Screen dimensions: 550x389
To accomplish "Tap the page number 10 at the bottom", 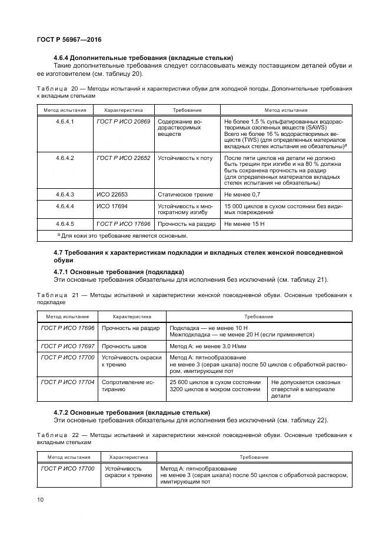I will pos(40,500).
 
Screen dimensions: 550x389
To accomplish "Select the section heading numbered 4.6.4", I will pos(143,58).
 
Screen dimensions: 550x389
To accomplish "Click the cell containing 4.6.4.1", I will pos(65,121).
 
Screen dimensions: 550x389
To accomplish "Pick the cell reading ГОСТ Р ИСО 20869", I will pos(123,121).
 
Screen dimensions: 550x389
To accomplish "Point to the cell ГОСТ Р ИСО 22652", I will pos(123,158).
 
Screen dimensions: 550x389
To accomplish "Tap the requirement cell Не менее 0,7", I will pos(242,194).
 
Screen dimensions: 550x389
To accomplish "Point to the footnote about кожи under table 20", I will pos(122,235).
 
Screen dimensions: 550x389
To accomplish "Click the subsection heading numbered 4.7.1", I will pos(118,272).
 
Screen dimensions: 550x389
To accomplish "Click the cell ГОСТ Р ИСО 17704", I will pos(67,382).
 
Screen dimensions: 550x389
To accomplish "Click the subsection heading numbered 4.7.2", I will pos(132,412).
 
